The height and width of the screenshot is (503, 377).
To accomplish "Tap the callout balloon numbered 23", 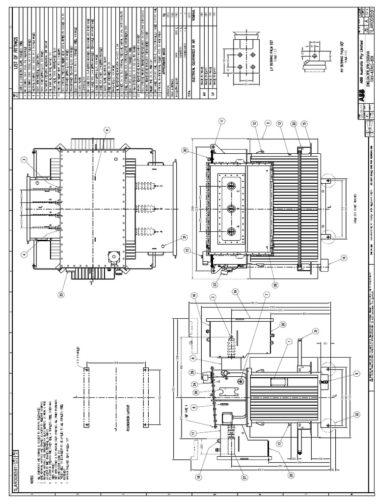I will pyautogui.click(x=215, y=284).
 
